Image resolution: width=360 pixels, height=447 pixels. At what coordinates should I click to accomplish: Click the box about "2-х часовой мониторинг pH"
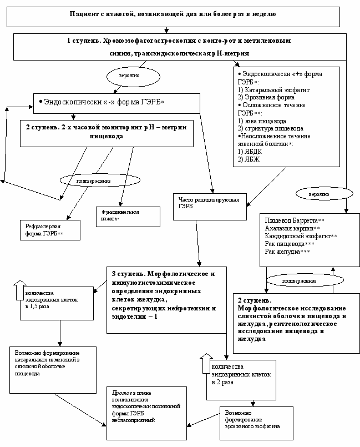(x=107, y=131)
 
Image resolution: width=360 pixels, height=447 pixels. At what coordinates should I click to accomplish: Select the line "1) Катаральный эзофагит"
(x=266, y=89)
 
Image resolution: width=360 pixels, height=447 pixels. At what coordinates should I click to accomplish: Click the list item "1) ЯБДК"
(x=248, y=152)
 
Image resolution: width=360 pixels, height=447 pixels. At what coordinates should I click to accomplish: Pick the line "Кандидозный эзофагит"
(x=294, y=237)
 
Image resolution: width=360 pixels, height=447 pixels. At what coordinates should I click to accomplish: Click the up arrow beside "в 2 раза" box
(x=205, y=363)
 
